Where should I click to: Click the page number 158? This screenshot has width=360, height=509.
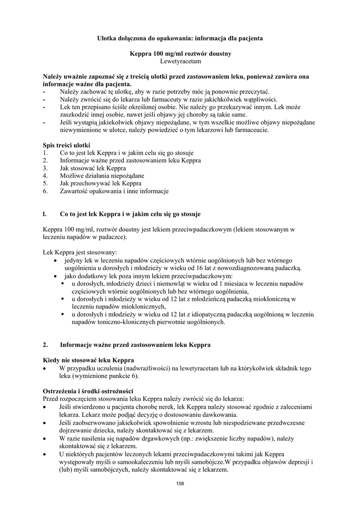(180, 485)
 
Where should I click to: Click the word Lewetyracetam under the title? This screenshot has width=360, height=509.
(180, 61)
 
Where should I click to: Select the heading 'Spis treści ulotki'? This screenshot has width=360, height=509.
(67, 145)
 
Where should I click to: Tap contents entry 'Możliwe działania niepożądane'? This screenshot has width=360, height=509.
(102, 175)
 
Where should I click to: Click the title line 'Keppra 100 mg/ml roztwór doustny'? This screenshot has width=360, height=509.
(180, 53)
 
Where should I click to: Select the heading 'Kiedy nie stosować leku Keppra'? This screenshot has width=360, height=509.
(89, 360)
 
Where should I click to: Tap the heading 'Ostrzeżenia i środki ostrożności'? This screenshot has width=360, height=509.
(88, 391)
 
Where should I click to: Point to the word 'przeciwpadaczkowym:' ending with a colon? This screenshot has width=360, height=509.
(201, 275)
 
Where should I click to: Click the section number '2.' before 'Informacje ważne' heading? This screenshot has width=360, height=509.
(46, 344)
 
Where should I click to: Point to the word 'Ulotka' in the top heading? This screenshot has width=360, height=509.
(105, 38)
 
